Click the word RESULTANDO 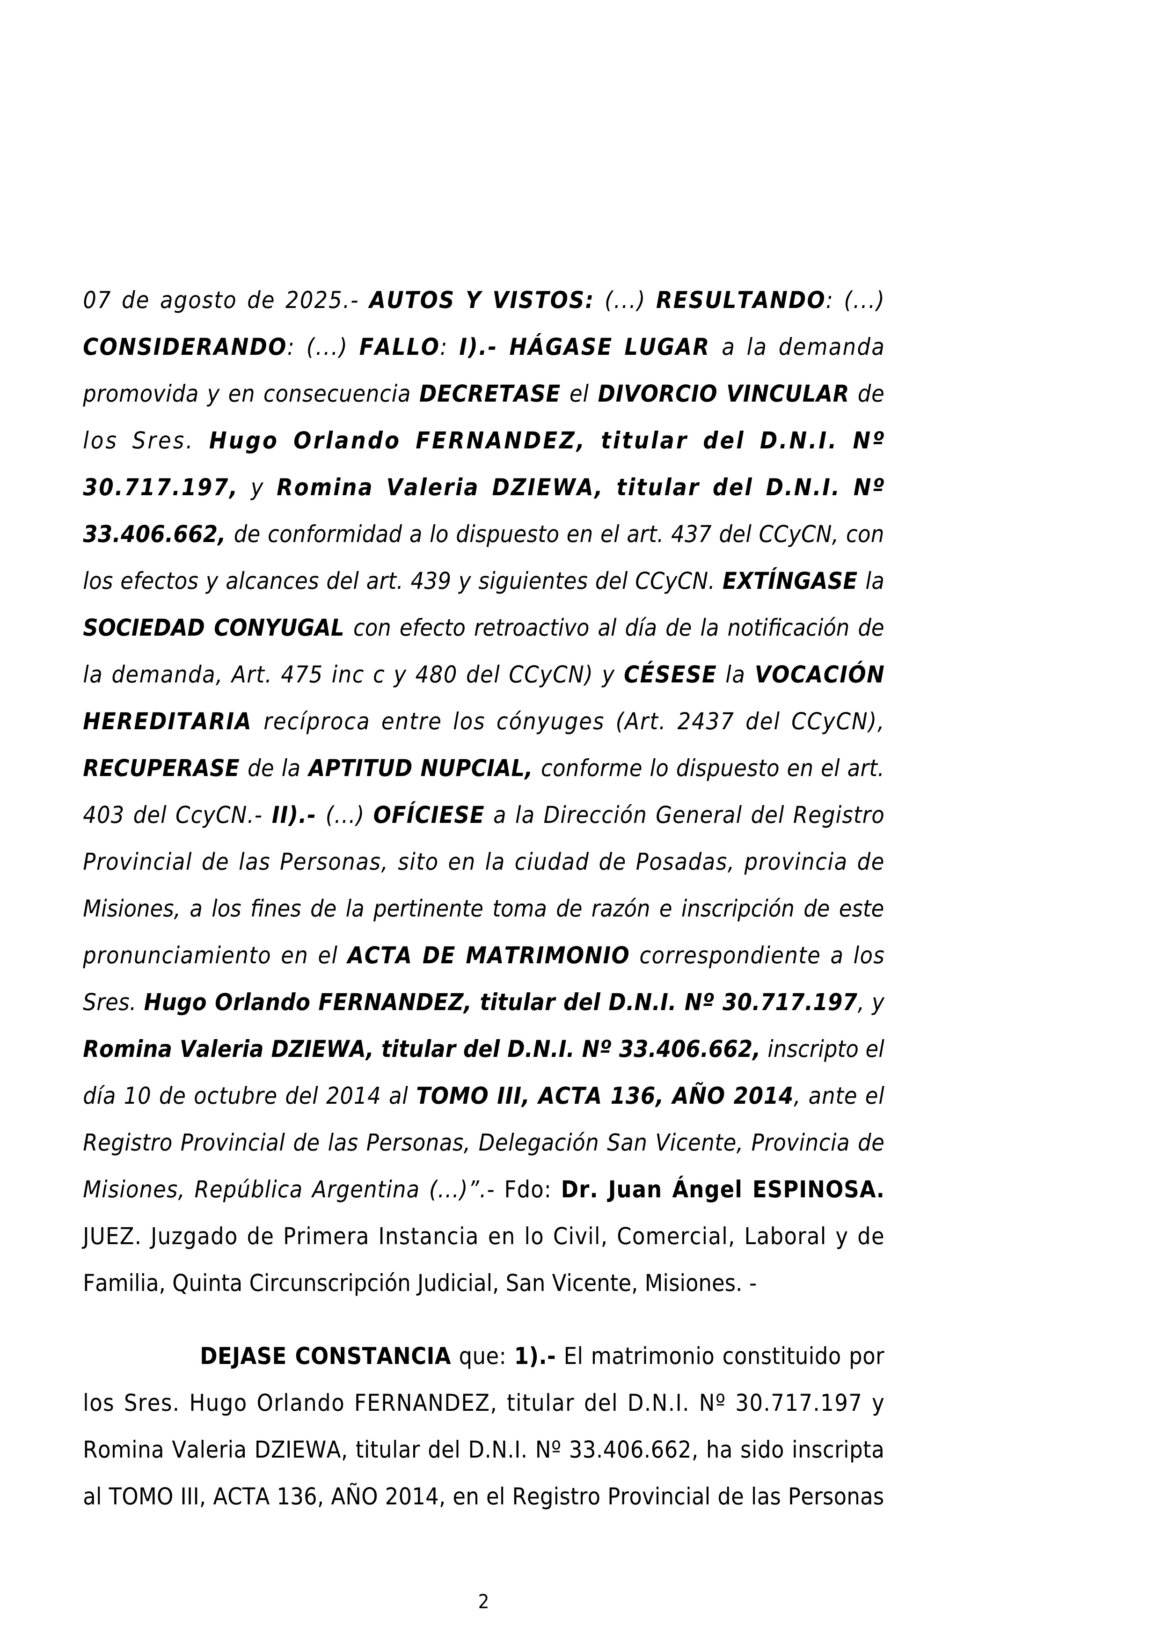pos(740,301)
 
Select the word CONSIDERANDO pos(184,348)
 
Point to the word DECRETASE pos(489,394)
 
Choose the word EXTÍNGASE pos(789,581)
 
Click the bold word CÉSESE pos(670,675)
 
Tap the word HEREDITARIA pos(167,722)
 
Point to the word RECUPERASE pos(161,769)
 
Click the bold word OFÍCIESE pos(428,815)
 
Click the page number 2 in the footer pos(483,1602)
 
